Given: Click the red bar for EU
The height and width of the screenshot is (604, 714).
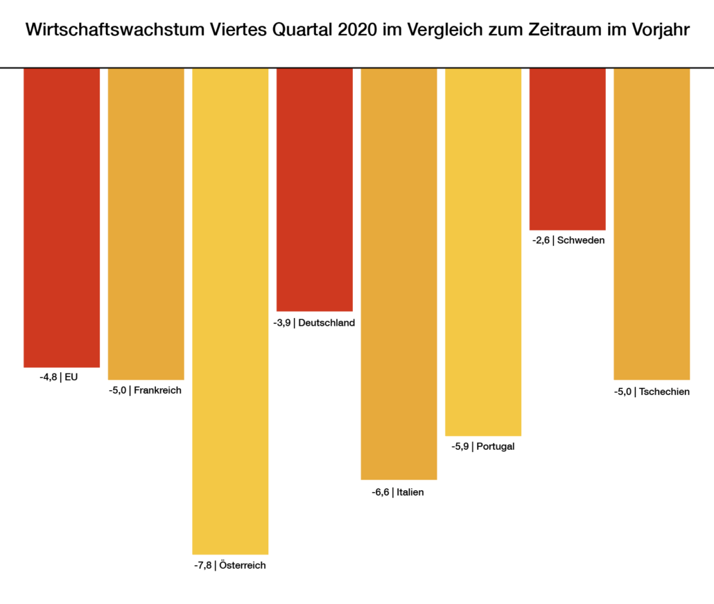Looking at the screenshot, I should tap(62, 217).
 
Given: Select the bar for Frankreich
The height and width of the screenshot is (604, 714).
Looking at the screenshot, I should tap(146, 224).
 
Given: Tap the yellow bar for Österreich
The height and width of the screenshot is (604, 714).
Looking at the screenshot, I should tap(230, 310).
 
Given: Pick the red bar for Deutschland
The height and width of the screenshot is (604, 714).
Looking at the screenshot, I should tap(314, 190).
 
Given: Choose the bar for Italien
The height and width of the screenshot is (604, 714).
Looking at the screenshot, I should tap(399, 274).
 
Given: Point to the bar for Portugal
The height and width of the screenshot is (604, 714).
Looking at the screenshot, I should tap(483, 251).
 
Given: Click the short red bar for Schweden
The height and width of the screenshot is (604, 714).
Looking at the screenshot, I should tap(567, 149).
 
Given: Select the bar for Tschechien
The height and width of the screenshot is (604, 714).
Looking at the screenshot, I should tap(652, 224).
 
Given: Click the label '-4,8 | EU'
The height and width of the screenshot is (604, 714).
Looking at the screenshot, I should tap(59, 377).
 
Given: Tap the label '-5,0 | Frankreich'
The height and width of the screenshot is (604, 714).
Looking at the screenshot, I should tap(145, 390).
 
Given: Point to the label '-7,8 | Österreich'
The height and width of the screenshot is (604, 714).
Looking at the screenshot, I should tap(230, 565).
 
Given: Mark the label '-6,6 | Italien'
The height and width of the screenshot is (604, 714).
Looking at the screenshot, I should tap(398, 492).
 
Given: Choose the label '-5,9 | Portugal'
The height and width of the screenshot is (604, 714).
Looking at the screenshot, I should tap(483, 446).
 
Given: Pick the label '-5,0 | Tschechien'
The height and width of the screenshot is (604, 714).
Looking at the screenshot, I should tap(652, 392).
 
